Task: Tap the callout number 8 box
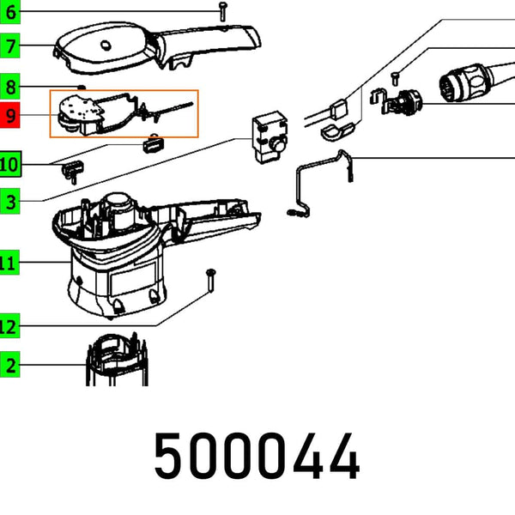(9, 86)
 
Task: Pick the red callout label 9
(9, 116)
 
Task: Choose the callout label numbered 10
(9, 163)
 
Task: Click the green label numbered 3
(9, 203)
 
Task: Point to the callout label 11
(9, 263)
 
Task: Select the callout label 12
(9, 326)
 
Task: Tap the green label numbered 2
(9, 366)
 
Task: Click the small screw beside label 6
(221, 11)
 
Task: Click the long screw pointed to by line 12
(210, 282)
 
